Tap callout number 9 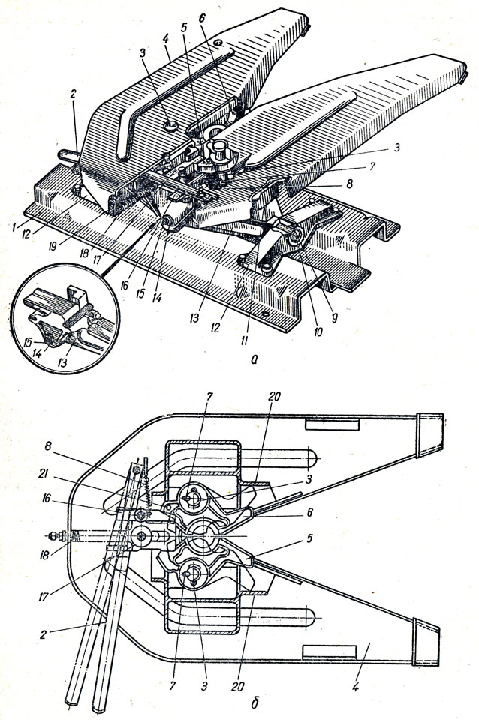pyautogui.click(x=334, y=317)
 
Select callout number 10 pyautogui.click(x=318, y=331)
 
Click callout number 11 pyautogui.click(x=244, y=340)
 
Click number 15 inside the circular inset pyautogui.click(x=28, y=343)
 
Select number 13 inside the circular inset pyautogui.click(x=62, y=363)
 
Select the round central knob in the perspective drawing pyautogui.click(x=221, y=148)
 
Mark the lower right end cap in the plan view pyautogui.click(x=426, y=641)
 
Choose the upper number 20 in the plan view pyautogui.click(x=273, y=396)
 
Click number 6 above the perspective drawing pyautogui.click(x=202, y=18)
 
